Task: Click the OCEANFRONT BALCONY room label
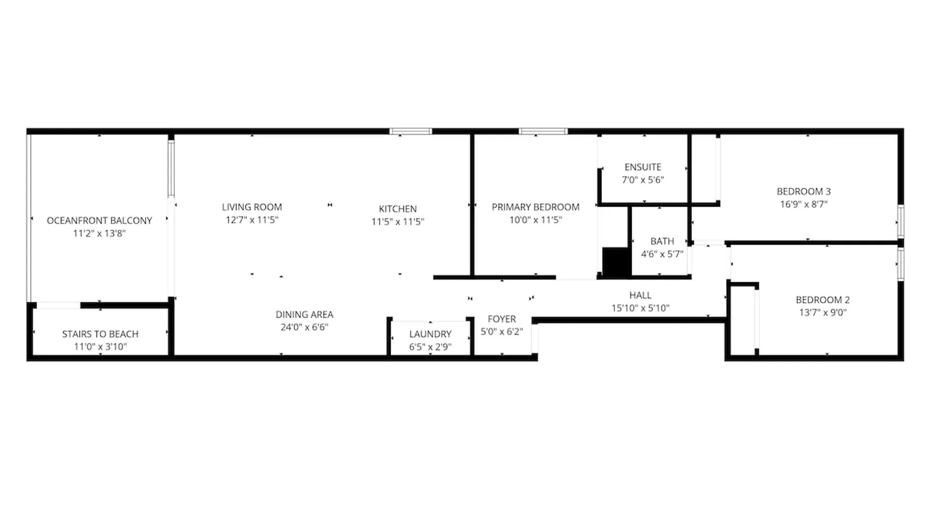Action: [99, 220]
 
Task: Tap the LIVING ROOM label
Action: [252, 207]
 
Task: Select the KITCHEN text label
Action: [398, 209]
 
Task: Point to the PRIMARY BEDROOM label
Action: [536, 207]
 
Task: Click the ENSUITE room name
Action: [643, 167]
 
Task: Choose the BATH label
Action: [662, 241]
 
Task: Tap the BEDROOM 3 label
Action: [804, 191]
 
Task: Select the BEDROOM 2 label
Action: [823, 299]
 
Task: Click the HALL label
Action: [640, 295]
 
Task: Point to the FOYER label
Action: [502, 319]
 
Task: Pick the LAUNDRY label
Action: [430, 334]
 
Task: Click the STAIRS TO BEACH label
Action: [100, 334]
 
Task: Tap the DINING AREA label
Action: [304, 314]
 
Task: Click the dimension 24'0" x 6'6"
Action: [304, 327]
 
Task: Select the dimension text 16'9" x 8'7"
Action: [804, 204]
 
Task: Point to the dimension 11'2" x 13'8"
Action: [99, 233]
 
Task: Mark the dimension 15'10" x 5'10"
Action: [640, 308]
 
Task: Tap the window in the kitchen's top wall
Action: [411, 131]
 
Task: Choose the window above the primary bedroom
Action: [543, 131]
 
